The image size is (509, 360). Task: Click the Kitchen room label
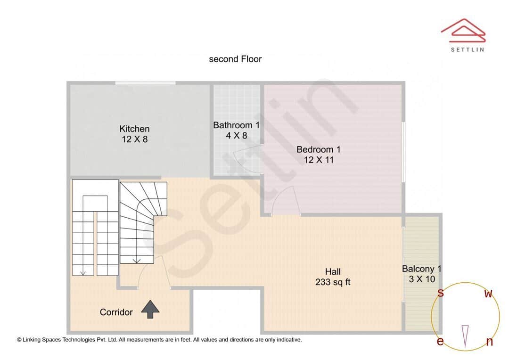click(134, 129)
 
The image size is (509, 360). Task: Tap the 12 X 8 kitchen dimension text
click(134, 139)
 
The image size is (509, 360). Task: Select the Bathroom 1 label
click(236, 125)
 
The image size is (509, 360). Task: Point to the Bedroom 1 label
click(318, 149)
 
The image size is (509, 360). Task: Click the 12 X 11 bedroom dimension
click(318, 160)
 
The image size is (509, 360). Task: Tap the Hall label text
click(333, 272)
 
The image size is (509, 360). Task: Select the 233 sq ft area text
click(333, 282)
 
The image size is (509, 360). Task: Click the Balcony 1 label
click(421, 269)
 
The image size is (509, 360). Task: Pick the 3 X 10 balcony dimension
click(421, 279)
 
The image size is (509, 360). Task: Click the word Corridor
click(116, 312)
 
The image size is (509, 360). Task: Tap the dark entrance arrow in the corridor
click(150, 309)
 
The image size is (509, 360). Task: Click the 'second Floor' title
click(235, 59)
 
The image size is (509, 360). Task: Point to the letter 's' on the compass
click(441, 293)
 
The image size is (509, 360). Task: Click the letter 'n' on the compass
click(489, 342)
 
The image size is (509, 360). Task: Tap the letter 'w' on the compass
click(489, 294)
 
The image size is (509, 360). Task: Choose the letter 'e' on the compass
click(440, 341)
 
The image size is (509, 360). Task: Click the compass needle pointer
click(466, 335)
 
